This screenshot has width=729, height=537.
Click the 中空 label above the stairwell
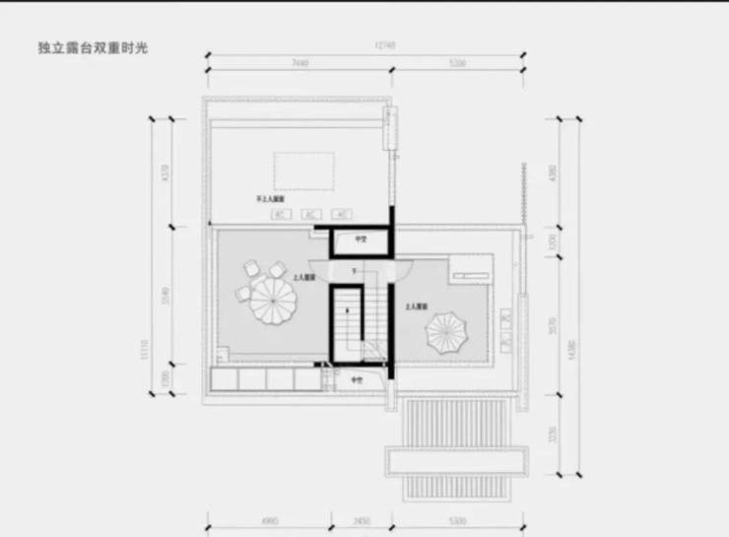click(361, 238)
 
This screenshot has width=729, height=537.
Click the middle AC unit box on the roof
click(309, 214)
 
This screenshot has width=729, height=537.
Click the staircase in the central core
click(347, 325)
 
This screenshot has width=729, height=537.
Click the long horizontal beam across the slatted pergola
click(455, 458)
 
